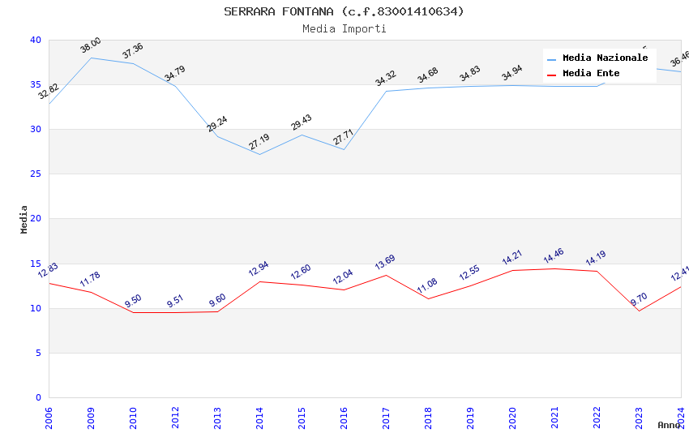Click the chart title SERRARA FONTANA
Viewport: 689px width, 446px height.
pos(344,11)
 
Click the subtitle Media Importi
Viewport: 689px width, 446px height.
pos(344,28)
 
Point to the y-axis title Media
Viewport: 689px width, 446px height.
pos(24,219)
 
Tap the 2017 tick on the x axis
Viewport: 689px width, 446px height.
pos(386,418)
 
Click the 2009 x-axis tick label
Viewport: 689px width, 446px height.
pos(91,418)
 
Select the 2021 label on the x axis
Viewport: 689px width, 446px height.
pos(554,418)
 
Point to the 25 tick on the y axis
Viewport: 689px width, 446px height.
pos(35,174)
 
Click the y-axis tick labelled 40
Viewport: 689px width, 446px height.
pos(35,40)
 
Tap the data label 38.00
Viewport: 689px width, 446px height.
pos(91,45)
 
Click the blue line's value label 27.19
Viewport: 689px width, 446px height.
pos(259,142)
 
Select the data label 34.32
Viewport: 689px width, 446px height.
pos(386,78)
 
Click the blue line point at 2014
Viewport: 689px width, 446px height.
pos(259,154)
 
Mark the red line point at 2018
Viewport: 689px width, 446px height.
pos(428,298)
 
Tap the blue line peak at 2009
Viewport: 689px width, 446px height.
pos(91,58)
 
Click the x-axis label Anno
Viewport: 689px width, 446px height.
pos(669,425)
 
